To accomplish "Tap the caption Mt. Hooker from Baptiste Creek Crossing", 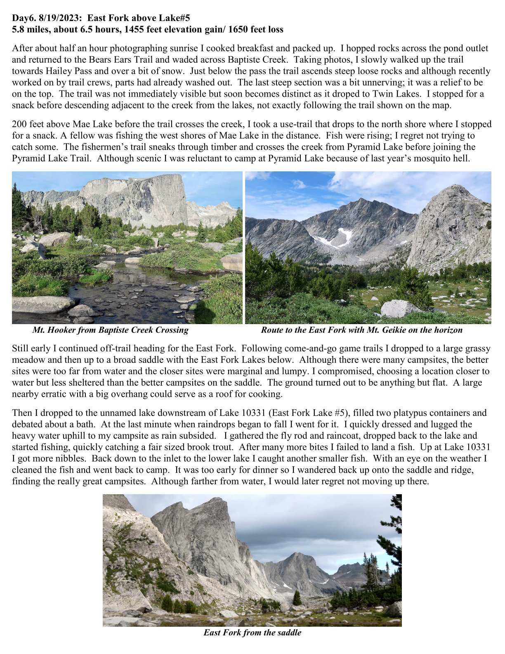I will point(110,330).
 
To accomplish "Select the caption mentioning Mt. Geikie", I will point(361,330).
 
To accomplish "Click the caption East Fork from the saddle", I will point(252,633).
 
